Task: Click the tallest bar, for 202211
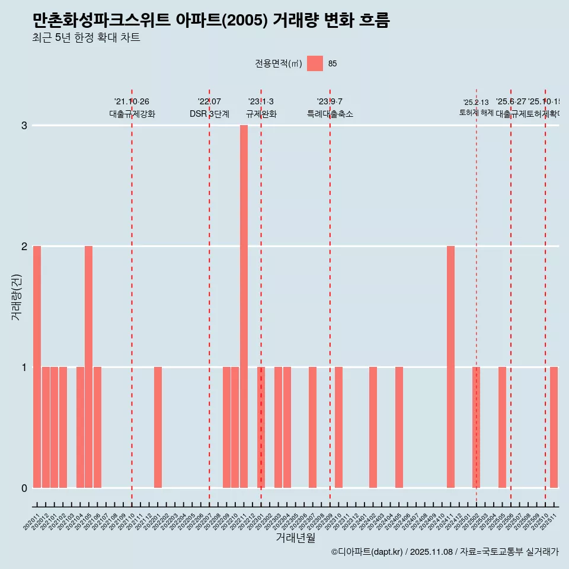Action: [244, 306]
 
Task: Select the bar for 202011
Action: [37, 367]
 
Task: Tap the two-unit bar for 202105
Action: [88, 367]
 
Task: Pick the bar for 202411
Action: [450, 367]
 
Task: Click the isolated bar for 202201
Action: [158, 427]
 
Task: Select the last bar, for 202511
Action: [554, 427]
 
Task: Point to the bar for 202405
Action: [399, 427]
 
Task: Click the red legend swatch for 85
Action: [315, 63]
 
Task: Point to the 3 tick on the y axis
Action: [24, 126]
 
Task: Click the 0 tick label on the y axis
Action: [24, 488]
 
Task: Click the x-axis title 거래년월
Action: [295, 538]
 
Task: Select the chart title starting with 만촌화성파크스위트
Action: [211, 21]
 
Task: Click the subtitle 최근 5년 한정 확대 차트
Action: [87, 39]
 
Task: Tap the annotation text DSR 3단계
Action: [209, 114]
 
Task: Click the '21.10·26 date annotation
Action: [132, 101]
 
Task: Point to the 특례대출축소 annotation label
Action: [330, 114]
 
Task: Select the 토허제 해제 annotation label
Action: [476, 113]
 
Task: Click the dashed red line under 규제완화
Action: [261, 296]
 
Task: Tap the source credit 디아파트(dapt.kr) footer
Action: [445, 552]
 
